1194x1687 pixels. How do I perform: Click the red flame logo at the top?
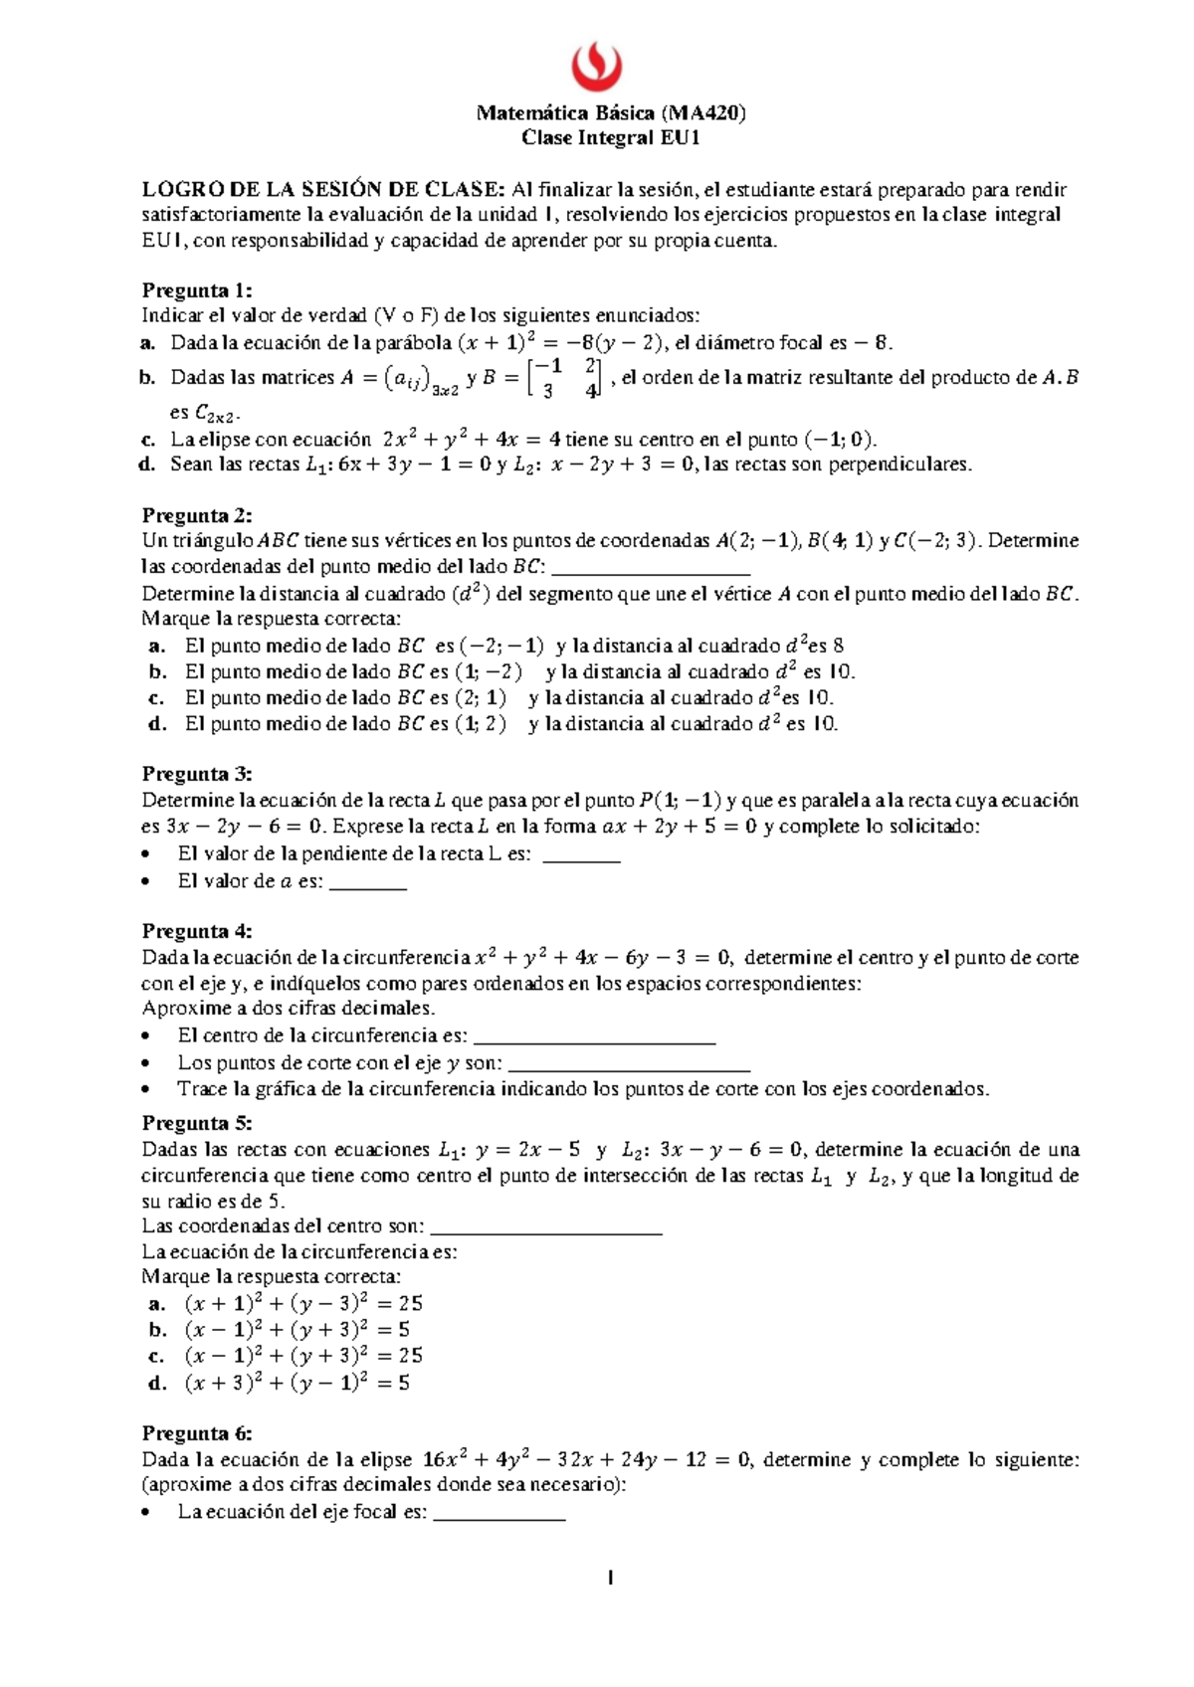tap(597, 67)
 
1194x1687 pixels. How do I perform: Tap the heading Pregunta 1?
tap(197, 290)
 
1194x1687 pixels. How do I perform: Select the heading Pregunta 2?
tap(197, 515)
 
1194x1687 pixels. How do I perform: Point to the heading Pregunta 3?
tap(197, 774)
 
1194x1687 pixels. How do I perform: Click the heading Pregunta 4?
tap(197, 931)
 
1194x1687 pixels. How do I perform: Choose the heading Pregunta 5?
tap(197, 1123)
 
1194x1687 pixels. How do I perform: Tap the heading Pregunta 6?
tap(197, 1433)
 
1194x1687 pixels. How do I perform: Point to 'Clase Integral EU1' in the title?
tap(611, 138)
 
